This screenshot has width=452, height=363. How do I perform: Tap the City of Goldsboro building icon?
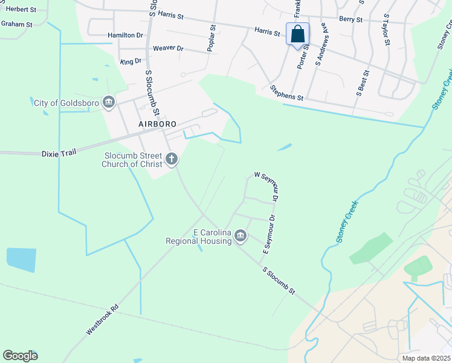coord(109,102)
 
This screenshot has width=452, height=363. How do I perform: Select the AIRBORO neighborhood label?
coord(157,123)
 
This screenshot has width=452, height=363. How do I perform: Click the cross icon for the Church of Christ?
coord(172,160)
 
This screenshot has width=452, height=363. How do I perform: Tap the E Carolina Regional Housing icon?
coord(241,235)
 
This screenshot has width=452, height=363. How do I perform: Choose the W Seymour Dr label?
coord(266,186)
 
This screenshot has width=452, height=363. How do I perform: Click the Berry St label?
coord(350,19)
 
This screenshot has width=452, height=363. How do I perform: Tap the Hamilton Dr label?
coord(125,36)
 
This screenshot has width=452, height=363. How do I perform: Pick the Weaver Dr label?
coord(168,48)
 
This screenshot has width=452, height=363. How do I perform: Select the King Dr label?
coord(131,62)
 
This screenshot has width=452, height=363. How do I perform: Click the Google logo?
coord(21,356)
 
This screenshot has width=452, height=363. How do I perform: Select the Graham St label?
coord(16,24)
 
